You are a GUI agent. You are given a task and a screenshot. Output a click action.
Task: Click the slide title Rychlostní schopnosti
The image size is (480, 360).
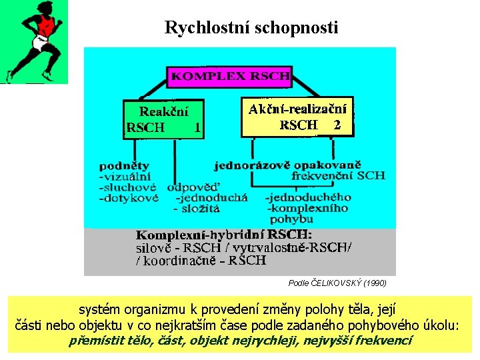pyautogui.click(x=251, y=28)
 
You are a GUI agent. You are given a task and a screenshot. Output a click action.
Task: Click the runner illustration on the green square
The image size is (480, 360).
pyautogui.click(x=34, y=42)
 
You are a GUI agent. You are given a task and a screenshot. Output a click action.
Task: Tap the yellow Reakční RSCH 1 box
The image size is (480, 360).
pyautogui.click(x=163, y=119)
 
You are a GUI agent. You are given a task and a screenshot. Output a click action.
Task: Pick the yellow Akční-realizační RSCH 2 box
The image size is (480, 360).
pyautogui.click(x=297, y=116)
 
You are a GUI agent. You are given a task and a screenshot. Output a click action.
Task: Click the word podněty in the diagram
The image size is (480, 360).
pyautogui.click(x=125, y=165)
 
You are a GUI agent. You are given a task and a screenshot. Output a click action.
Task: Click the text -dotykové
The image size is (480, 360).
pyautogui.click(x=129, y=198)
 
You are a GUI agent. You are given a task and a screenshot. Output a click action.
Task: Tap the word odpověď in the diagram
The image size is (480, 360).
pyautogui.click(x=193, y=187)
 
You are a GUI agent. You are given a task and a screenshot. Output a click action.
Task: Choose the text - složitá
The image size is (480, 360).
pyautogui.click(x=197, y=208)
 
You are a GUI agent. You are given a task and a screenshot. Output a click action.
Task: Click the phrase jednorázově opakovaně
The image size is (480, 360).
pyautogui.click(x=288, y=164)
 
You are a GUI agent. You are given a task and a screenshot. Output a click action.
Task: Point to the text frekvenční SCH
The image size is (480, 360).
pyautogui.click(x=338, y=176)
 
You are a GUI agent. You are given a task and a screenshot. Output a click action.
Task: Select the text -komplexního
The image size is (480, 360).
pyautogui.click(x=307, y=208)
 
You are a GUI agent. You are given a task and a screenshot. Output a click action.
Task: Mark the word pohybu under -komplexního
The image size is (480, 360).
pyautogui.click(x=292, y=219)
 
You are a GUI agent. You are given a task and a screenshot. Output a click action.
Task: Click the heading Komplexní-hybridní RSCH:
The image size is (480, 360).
pyautogui.click(x=224, y=235)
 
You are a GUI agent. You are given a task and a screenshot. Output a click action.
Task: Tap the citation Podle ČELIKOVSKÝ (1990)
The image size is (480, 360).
pyautogui.click(x=337, y=283)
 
